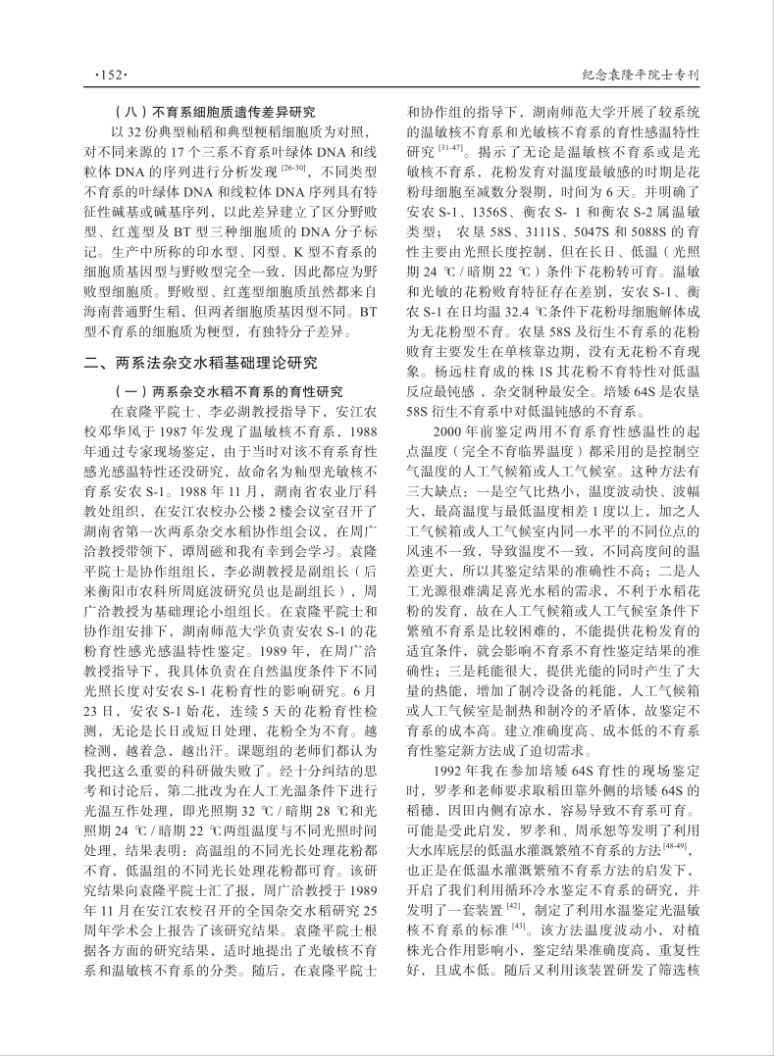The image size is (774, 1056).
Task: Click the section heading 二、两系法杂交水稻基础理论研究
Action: (201, 362)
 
